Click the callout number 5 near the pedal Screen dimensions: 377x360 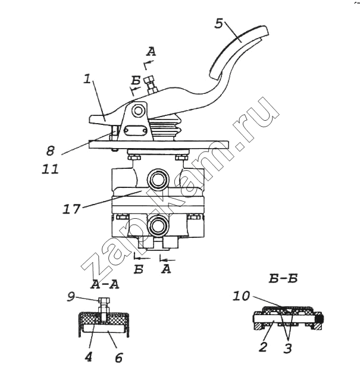tap(219, 24)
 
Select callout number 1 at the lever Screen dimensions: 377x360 tap(87, 79)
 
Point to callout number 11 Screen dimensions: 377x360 tap(51, 169)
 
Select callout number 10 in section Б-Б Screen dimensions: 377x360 tap(240, 294)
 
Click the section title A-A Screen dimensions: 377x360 tap(105, 284)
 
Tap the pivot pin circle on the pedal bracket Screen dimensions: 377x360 tap(139, 111)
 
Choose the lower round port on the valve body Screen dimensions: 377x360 tap(158, 225)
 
